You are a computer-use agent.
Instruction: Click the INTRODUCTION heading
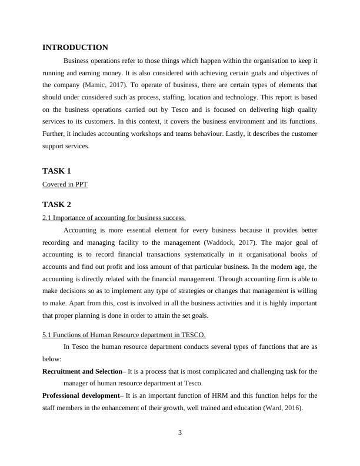click(75, 48)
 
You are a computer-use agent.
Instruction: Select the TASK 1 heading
click(56, 171)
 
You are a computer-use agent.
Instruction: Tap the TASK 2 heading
click(56, 204)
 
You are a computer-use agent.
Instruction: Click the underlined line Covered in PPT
click(65, 184)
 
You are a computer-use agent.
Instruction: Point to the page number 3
click(180, 433)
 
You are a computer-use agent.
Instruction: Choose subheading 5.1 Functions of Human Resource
click(124, 335)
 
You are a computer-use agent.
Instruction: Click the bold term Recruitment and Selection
click(81, 371)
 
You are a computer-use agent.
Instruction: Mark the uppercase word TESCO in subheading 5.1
click(194, 335)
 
